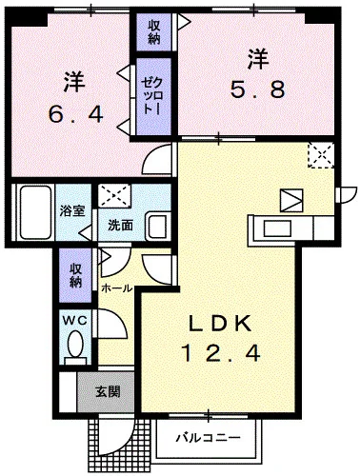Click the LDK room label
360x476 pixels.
tap(220, 324)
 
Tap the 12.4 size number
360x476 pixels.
tap(221, 353)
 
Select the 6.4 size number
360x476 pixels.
tap(75, 114)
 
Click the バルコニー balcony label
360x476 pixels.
tap(209, 438)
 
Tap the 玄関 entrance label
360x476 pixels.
tap(108, 391)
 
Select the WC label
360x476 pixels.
tap(74, 321)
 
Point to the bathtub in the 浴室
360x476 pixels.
tap(36, 212)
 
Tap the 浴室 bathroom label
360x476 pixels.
tap(72, 210)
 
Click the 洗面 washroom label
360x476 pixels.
tap(120, 226)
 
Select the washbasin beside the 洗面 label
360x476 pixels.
tap(158, 226)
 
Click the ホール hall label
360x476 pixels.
tap(116, 288)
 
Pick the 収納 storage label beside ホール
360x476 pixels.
tap(76, 275)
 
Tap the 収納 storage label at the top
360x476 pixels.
tap(154, 32)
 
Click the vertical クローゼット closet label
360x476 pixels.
tap(152, 96)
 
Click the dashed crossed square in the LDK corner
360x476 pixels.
tap(321, 155)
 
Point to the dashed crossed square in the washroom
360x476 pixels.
tap(114, 195)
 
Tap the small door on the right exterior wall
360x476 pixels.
tap(346, 194)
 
